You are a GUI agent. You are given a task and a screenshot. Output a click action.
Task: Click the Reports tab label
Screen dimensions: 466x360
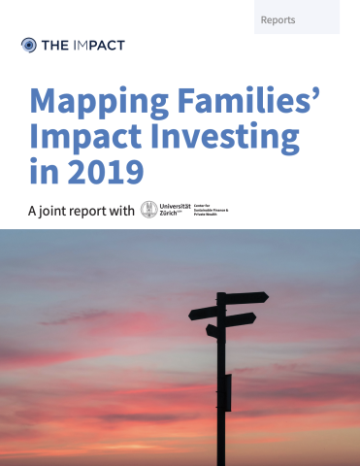(278, 19)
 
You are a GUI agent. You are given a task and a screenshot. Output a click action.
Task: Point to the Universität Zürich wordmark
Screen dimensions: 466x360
(178, 209)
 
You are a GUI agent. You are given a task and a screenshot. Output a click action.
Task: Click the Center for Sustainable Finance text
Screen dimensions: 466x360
(213, 209)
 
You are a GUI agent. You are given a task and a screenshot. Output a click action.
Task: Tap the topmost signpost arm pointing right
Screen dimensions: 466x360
(245, 298)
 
